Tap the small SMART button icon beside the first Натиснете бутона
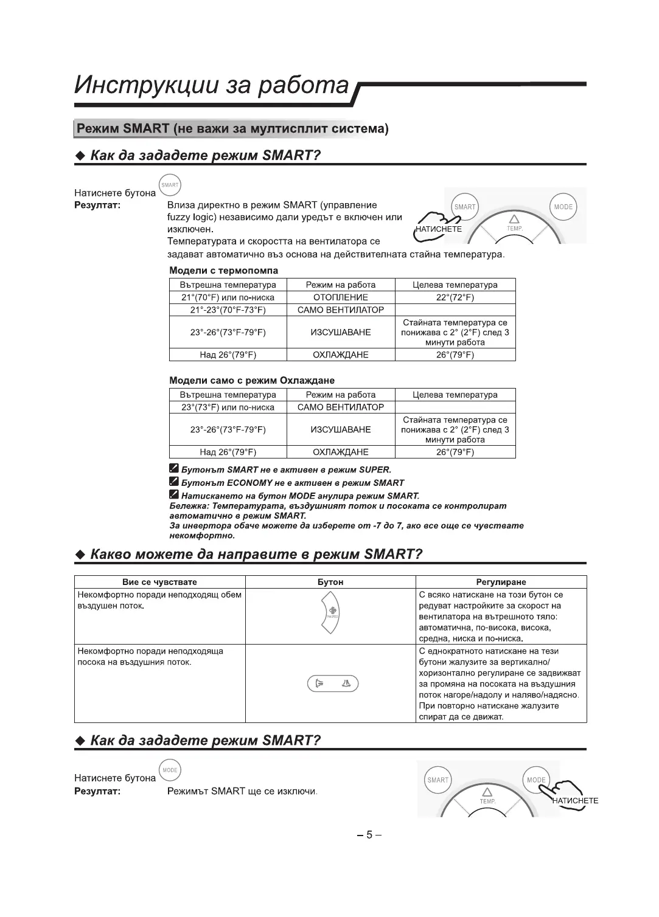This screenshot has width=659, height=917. pos(170,185)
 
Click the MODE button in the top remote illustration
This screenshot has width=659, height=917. pos(563,207)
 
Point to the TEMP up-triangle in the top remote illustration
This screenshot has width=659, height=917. pos(514,219)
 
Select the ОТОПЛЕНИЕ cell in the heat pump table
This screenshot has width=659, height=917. pos(341,297)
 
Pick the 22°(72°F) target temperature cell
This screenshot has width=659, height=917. pos(455,297)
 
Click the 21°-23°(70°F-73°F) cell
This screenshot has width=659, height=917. pos(228,310)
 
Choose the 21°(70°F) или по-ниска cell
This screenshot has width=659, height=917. pos(228,297)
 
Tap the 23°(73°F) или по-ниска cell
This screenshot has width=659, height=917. pos(228,407)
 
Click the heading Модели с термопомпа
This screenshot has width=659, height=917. pos(223,271)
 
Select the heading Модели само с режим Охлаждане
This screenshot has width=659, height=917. pos(251,381)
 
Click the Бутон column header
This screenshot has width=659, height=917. pos(330,582)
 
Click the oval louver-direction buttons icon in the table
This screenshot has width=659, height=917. pos(333,683)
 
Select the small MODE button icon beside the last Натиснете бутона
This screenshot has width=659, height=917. pos(170,770)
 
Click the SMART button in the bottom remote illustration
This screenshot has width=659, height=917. pos(438,780)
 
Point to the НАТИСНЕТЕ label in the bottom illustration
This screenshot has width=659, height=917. pos(576,801)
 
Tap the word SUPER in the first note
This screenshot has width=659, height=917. pos(374,470)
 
